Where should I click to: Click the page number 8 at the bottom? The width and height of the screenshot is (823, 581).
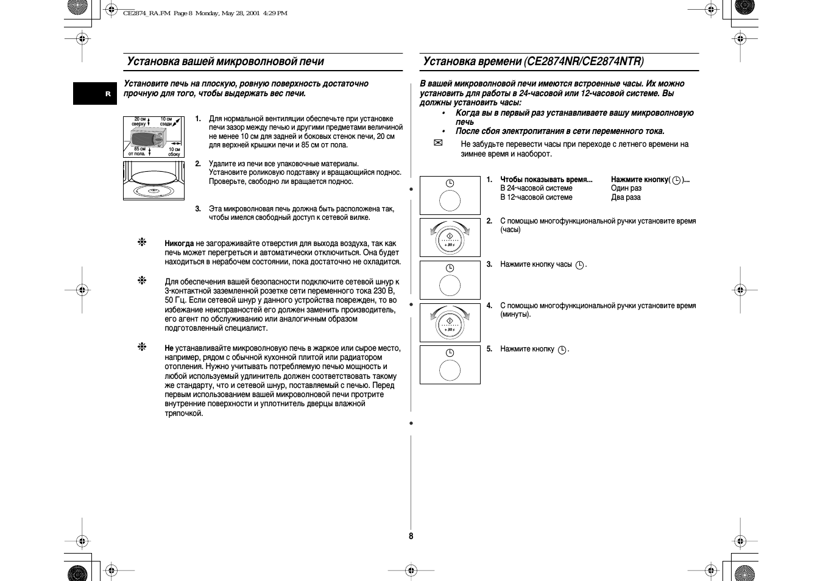(411, 536)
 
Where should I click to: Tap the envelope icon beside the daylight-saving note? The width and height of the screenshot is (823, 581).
(437, 143)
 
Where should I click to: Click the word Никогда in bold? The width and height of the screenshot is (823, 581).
(179, 244)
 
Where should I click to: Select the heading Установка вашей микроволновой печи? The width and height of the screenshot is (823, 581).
(225, 62)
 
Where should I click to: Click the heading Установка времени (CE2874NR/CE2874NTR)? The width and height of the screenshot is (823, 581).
(533, 62)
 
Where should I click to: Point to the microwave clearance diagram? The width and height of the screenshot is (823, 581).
(154, 137)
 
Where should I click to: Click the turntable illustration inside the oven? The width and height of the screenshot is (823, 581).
(154, 180)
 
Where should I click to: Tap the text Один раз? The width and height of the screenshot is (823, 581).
(626, 188)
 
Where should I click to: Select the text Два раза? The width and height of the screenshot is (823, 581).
(626, 197)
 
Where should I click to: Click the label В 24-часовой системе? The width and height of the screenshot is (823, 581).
(536, 188)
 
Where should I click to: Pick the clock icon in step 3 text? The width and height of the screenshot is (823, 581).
(579, 265)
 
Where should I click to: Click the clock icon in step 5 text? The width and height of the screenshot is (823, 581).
(562, 350)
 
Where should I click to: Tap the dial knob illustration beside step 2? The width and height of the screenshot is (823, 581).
(450, 238)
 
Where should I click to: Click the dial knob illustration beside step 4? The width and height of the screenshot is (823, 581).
(450, 323)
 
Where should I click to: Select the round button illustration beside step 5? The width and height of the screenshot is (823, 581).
(450, 370)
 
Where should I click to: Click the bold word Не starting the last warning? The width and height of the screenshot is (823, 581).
(169, 348)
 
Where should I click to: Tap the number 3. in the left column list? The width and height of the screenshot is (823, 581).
(198, 209)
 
